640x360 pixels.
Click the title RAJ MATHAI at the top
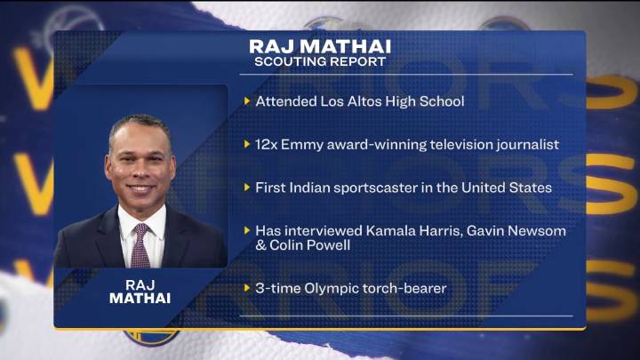(x=319, y=45)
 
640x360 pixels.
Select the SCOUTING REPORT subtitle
(x=319, y=62)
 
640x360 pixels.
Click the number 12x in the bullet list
(x=268, y=144)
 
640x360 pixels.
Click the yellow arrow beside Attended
(x=247, y=101)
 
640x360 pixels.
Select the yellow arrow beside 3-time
(x=247, y=288)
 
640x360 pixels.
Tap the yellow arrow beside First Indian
(x=247, y=188)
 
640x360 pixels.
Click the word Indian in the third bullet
(x=316, y=188)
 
